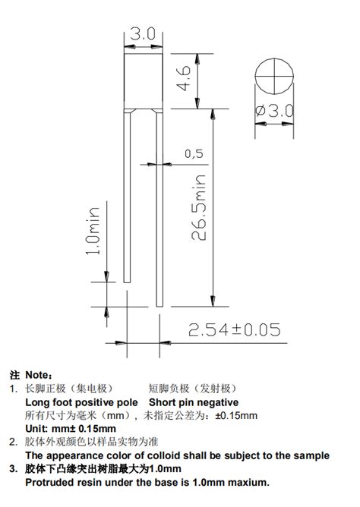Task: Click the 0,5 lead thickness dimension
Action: [194, 153]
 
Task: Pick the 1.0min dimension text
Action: [93, 231]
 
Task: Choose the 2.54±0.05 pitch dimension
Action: [234, 329]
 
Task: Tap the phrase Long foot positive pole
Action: [83, 402]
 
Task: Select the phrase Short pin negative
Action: [194, 402]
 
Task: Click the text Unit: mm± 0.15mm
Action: [65, 429]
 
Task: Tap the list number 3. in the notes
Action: [13, 469]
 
